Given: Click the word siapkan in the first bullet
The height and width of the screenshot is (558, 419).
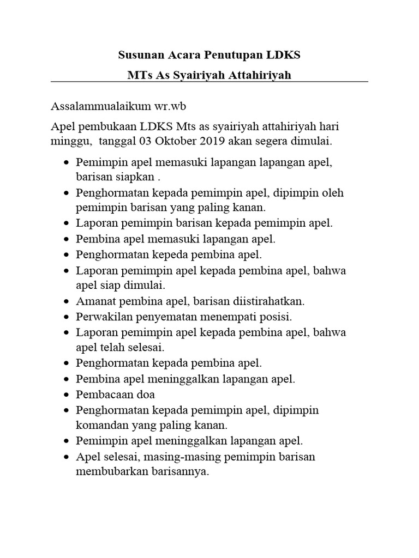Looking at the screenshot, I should (x=135, y=178).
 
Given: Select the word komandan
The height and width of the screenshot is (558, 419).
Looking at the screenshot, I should (x=102, y=424).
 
